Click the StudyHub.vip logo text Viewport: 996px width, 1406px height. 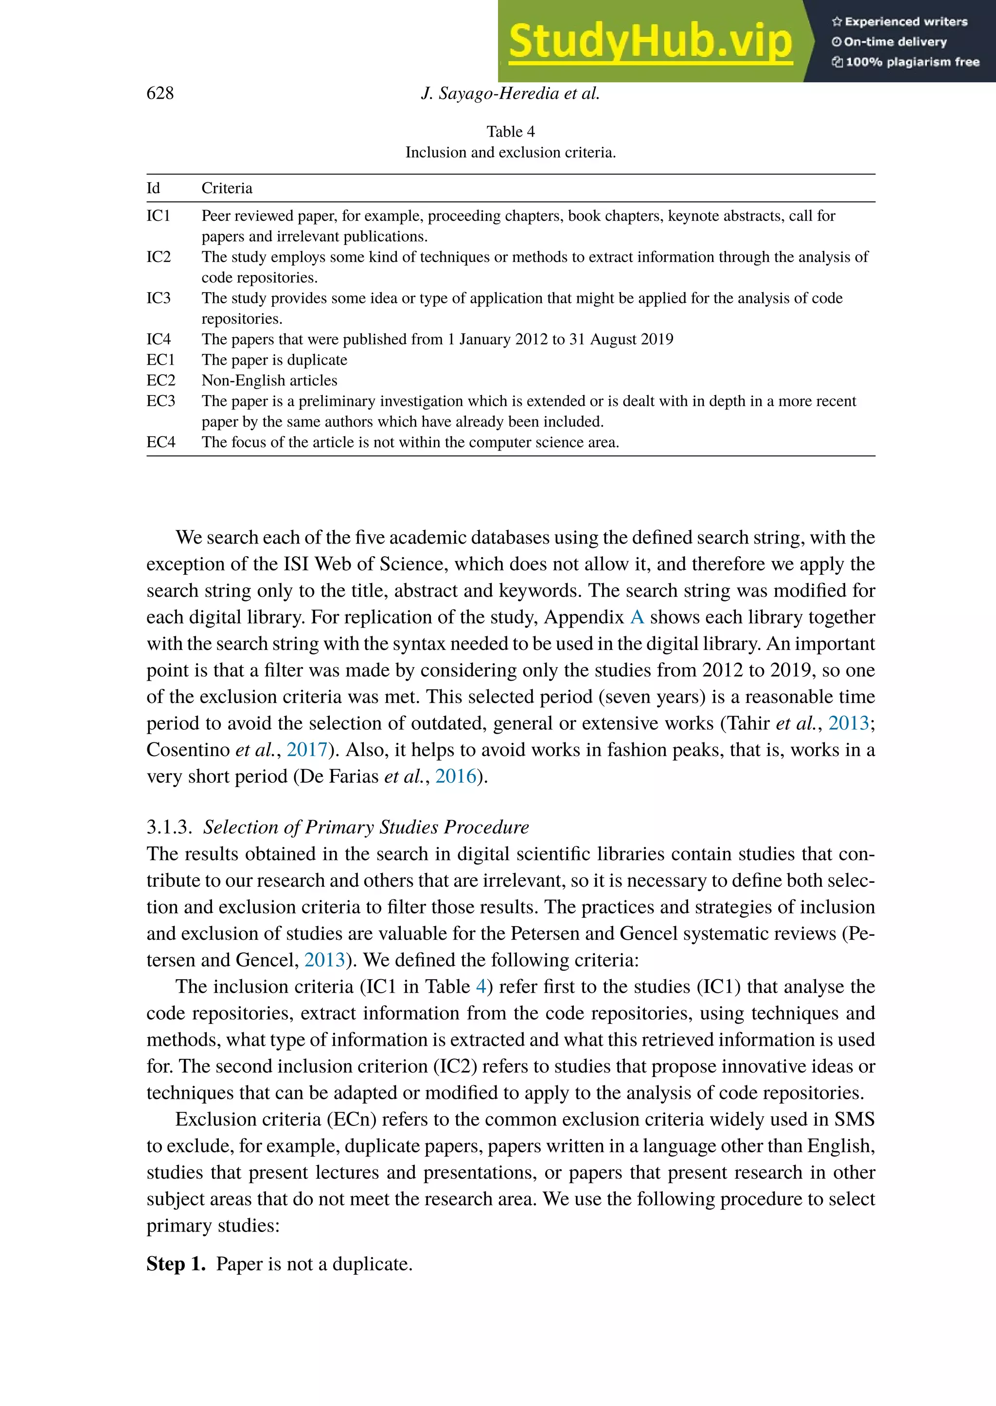pos(650,42)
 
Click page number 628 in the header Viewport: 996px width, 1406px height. pos(160,93)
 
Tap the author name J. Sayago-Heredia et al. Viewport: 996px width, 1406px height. pos(510,93)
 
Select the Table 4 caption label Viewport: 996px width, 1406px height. pos(510,132)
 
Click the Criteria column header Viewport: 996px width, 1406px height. pos(227,188)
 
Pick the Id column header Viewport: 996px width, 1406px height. pos(153,188)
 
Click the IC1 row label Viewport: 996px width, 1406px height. pos(158,216)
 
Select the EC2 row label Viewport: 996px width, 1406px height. pos(160,380)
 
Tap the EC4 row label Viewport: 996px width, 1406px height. pos(160,442)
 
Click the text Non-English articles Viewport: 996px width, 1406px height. pos(269,380)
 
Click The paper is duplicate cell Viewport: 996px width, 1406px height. pos(274,360)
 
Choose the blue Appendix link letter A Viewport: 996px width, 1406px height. pos(637,617)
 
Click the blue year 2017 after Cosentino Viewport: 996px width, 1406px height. pos(307,749)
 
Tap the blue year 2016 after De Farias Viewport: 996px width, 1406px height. pos(456,776)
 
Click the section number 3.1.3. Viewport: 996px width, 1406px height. pos(169,827)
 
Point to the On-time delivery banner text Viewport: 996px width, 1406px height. pos(895,42)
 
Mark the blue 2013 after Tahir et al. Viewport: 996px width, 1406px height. pos(849,723)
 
